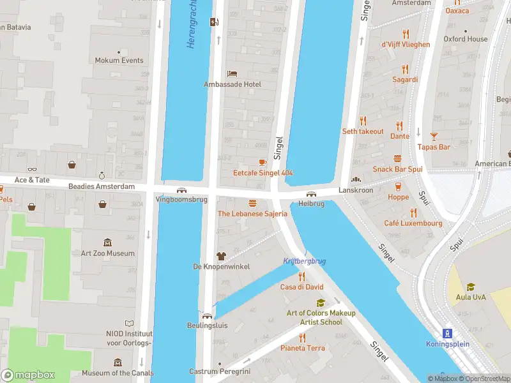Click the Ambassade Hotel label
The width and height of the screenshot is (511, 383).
(x=233, y=84)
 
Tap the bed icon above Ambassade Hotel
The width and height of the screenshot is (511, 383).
(x=233, y=73)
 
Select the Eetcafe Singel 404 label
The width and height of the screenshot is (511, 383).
(x=263, y=173)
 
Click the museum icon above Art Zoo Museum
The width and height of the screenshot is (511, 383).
(x=107, y=243)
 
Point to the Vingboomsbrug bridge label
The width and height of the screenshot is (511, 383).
(x=181, y=199)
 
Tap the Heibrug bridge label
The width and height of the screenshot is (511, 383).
(x=311, y=204)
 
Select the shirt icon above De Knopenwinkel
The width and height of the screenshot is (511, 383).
(x=222, y=256)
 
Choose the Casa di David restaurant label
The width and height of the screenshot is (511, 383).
(x=301, y=287)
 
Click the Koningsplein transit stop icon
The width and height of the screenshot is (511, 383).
(x=448, y=333)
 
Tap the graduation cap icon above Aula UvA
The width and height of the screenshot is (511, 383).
(x=471, y=287)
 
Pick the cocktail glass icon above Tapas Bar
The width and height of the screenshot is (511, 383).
(x=434, y=136)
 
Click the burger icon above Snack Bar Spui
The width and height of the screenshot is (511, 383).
(x=397, y=158)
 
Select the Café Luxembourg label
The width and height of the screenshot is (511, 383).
(x=413, y=223)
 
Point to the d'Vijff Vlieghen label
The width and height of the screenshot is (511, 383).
(x=406, y=45)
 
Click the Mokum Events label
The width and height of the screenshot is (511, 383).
(x=119, y=61)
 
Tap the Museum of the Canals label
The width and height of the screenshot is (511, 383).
(x=112, y=373)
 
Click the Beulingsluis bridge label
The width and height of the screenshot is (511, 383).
(x=207, y=325)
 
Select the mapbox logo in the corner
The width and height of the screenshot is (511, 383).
(x=28, y=375)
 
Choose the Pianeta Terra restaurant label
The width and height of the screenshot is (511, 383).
(x=303, y=348)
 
